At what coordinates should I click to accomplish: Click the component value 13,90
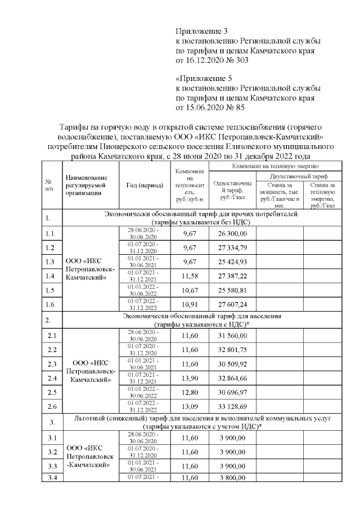tap(190, 378)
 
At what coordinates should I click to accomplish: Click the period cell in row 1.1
tap(144, 233)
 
